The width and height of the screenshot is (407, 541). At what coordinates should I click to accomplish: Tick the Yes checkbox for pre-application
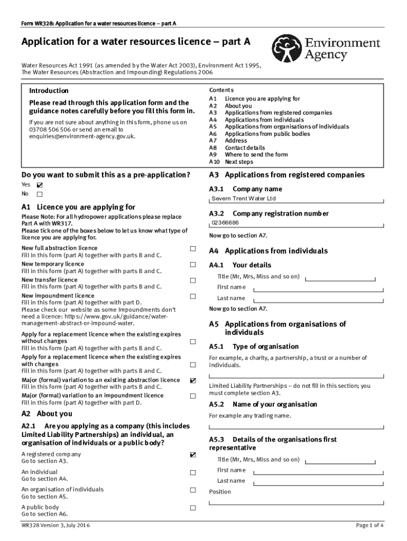pos(40,185)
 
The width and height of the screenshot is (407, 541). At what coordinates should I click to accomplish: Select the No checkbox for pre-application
pos(40,194)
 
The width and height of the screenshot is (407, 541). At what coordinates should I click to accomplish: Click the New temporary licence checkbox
pos(193,264)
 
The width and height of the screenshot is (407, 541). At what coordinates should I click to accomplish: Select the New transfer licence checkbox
pos(193,280)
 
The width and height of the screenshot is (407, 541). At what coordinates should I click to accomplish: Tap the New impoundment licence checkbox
pos(193,296)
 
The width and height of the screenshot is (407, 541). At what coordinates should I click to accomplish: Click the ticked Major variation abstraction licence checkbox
pos(193,380)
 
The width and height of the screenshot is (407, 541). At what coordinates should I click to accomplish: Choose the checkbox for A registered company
pos(193,454)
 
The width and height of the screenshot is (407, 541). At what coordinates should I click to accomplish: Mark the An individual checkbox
pos(193,472)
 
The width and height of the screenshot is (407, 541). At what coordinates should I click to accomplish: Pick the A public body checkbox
pos(193,508)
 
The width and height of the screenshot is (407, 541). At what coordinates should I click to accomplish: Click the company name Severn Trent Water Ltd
pos(244,199)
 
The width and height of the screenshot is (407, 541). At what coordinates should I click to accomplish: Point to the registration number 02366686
pos(225,223)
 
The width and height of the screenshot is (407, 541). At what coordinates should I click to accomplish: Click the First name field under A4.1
pos(317,288)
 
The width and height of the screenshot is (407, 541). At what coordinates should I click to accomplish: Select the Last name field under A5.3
pos(317,482)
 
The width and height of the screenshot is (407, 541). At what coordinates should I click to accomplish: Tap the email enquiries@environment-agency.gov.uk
pos(82,136)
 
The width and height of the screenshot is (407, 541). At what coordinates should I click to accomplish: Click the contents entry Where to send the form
pos(256,155)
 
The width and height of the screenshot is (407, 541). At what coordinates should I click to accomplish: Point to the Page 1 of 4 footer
pos(369,525)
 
